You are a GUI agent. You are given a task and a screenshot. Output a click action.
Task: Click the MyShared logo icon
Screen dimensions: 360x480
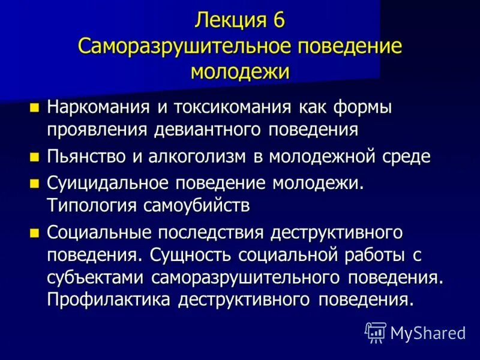click(x=376, y=331)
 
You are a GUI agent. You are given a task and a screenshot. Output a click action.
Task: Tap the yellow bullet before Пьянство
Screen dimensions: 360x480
click(x=34, y=157)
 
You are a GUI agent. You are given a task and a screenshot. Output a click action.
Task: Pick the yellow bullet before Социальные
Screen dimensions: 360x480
click(x=34, y=232)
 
